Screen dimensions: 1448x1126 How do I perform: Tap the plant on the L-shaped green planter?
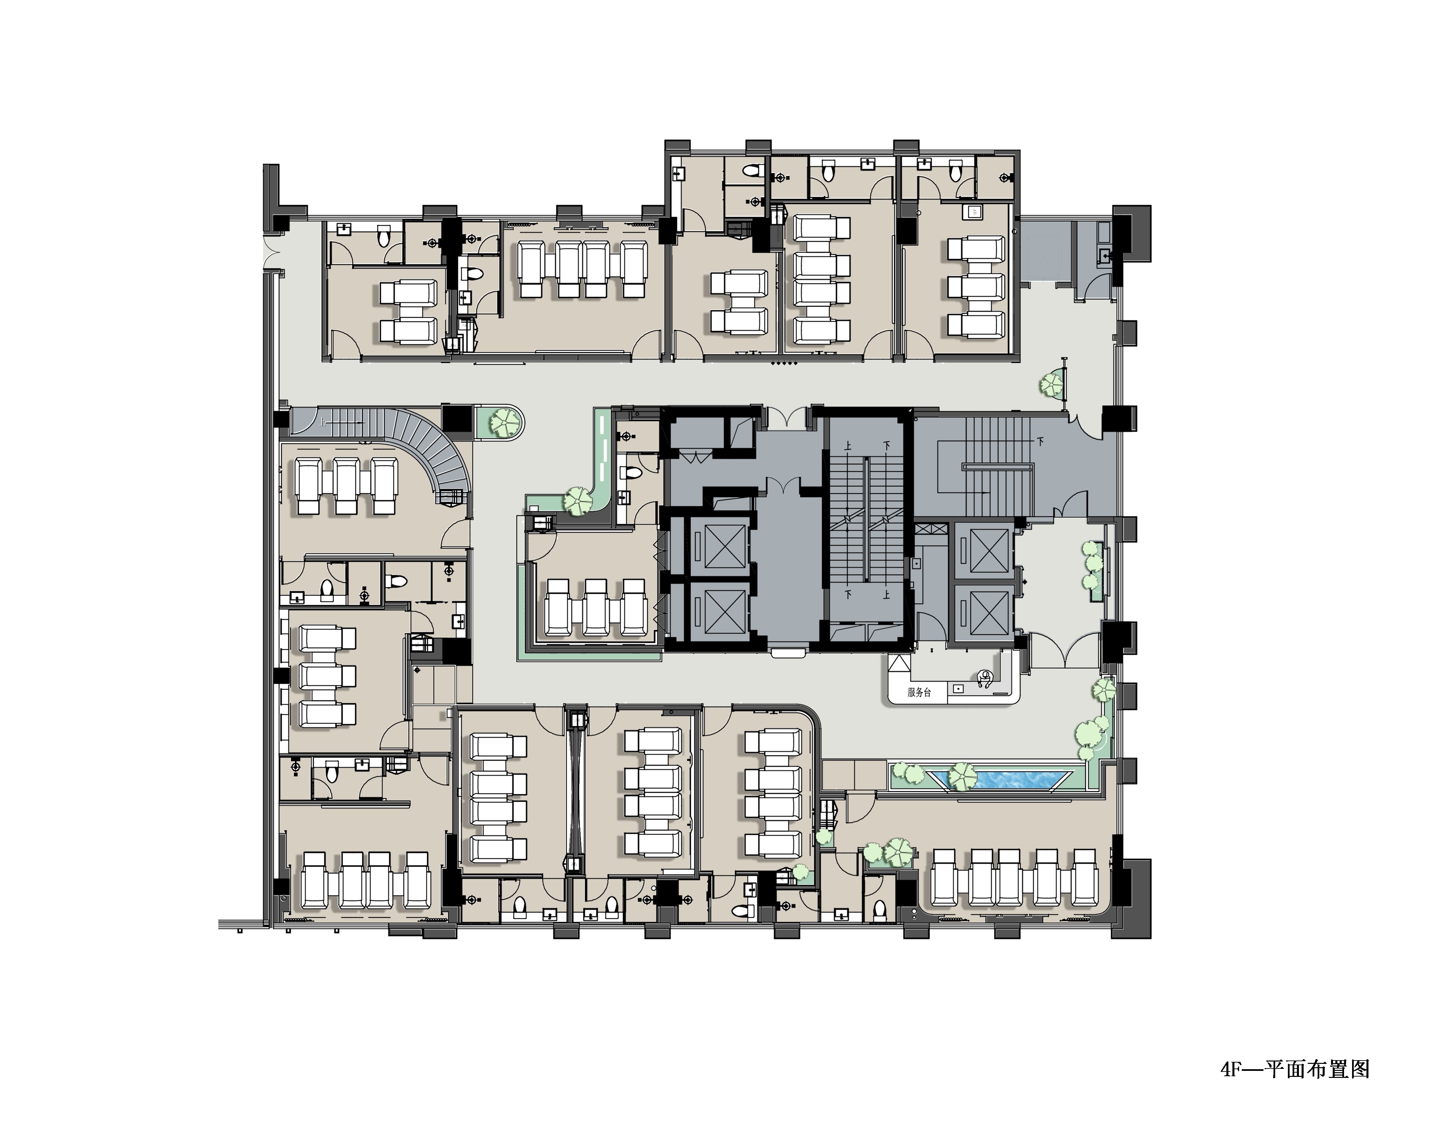pyautogui.click(x=579, y=501)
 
